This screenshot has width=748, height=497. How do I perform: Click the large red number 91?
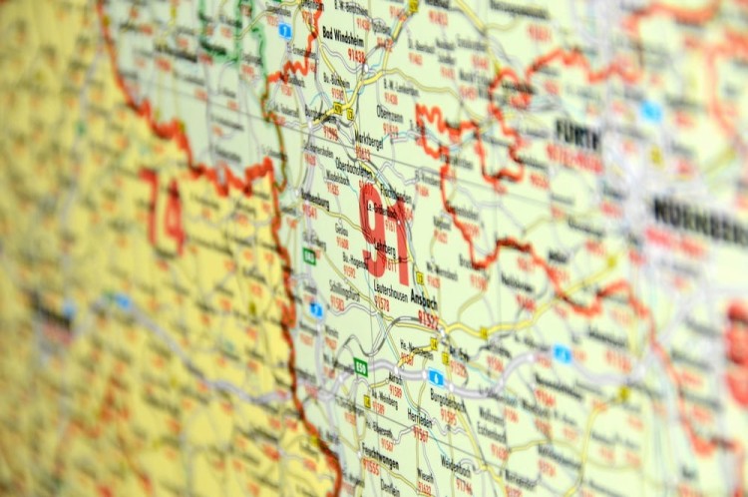pos(384,233)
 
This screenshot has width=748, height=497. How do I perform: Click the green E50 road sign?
pos(360,367)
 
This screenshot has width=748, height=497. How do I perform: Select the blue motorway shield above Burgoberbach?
pos(435,376)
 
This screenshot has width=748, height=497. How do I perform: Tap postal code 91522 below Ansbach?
pos(428,318)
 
